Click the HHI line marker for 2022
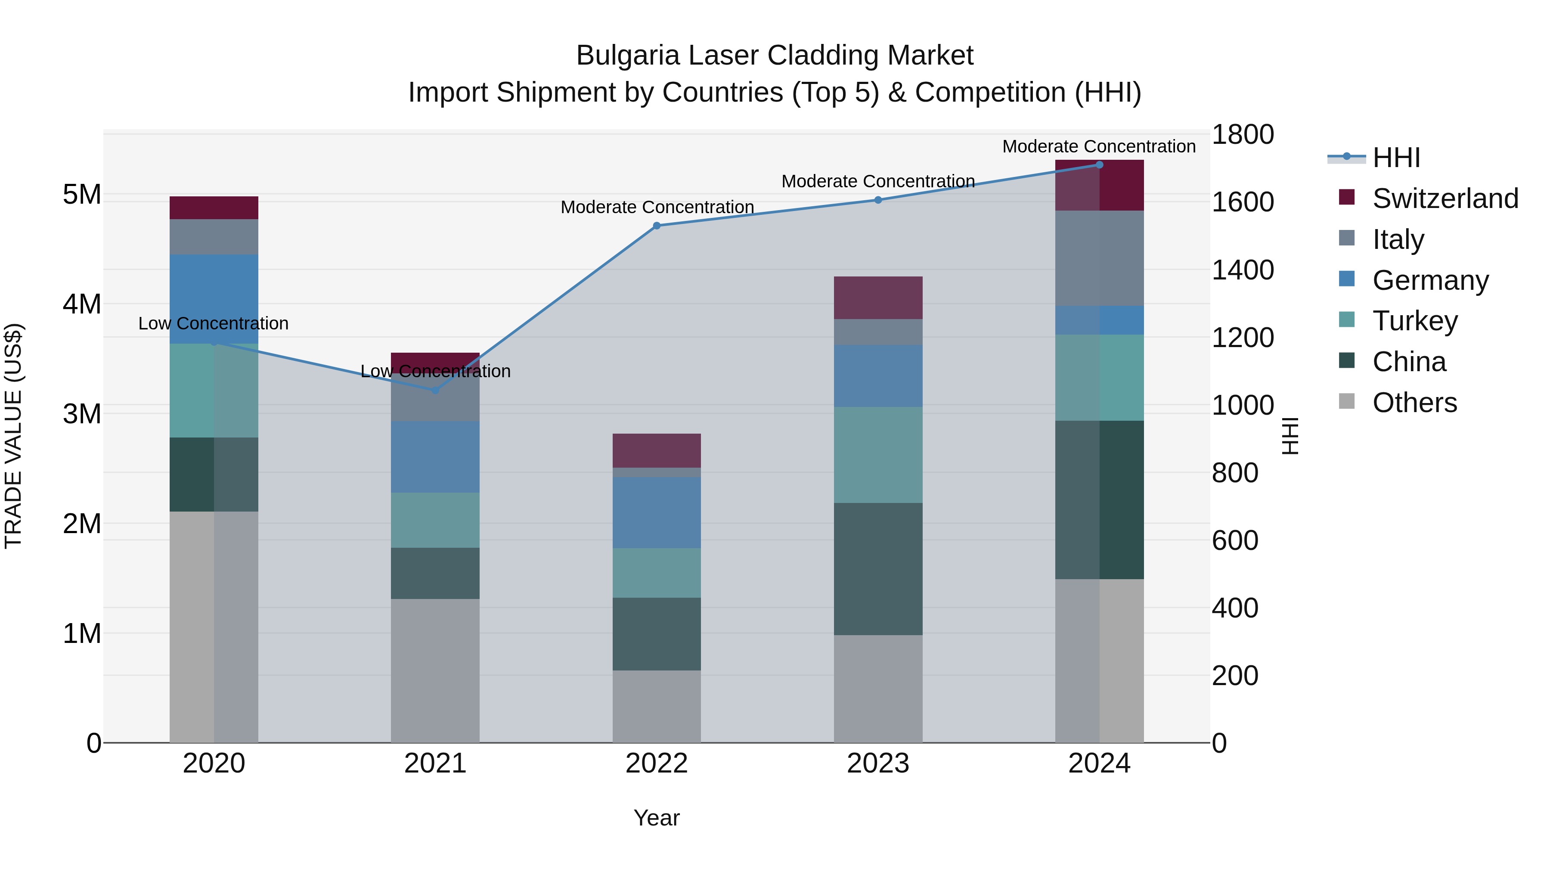click(657, 226)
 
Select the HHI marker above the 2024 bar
click(1099, 165)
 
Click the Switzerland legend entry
click(1445, 199)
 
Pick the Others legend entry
click(1414, 403)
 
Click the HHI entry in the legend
click(1396, 158)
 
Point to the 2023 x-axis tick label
click(878, 763)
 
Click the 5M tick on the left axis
click(82, 194)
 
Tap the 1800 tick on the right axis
click(1243, 134)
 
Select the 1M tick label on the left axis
click(82, 633)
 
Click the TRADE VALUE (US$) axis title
click(13, 436)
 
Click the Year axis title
click(657, 818)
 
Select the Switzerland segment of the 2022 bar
click(657, 450)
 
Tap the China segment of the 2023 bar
click(878, 569)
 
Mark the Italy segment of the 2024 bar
click(1099, 258)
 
